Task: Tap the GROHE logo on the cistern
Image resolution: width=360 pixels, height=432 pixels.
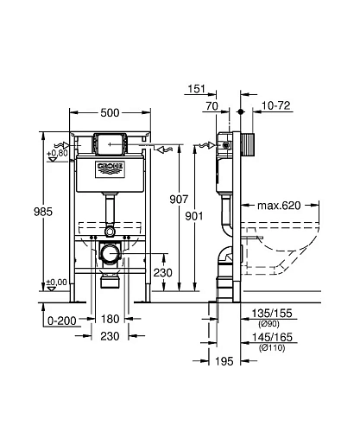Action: (110, 165)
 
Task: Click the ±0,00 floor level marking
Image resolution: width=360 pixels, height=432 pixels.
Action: (57, 283)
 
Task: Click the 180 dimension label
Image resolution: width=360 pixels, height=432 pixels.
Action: (111, 319)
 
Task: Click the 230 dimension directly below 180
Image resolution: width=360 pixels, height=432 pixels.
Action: (111, 337)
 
